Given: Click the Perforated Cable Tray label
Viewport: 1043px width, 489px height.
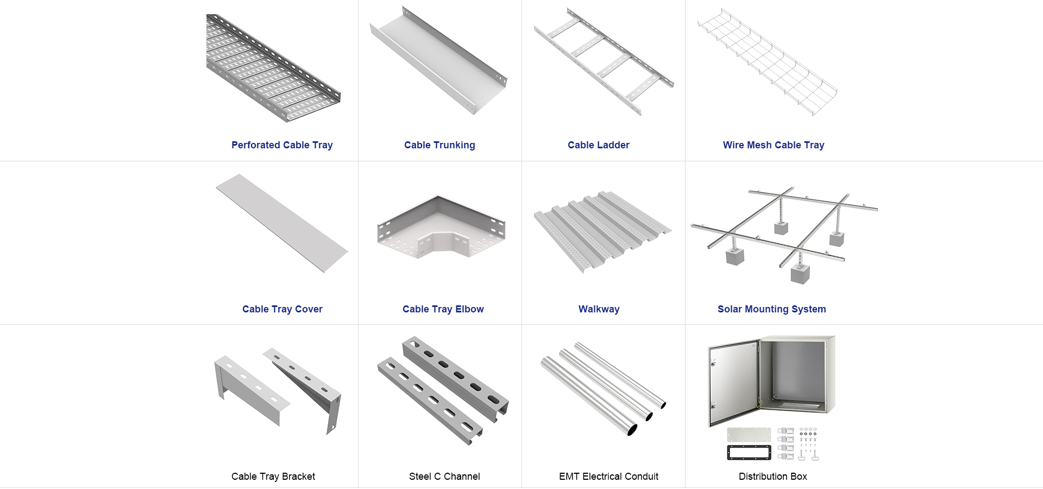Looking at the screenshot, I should click(x=282, y=145).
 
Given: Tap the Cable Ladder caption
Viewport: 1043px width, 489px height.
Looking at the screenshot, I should click(x=598, y=145).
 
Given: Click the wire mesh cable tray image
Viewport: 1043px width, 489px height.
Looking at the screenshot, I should click(x=767, y=61).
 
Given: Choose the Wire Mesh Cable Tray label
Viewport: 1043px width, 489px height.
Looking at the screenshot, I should click(x=773, y=145).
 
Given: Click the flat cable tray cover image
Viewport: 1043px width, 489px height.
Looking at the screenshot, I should click(x=282, y=223).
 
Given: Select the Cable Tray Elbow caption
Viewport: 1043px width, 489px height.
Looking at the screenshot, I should click(x=443, y=309).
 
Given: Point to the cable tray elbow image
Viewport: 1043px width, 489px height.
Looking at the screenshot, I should click(x=441, y=228).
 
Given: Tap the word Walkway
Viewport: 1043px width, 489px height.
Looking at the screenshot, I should click(x=599, y=309).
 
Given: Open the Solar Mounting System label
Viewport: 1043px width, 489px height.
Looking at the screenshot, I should click(x=771, y=309).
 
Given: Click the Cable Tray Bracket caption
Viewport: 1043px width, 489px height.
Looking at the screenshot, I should click(x=273, y=477).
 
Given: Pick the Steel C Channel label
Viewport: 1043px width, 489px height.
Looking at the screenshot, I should click(x=444, y=477).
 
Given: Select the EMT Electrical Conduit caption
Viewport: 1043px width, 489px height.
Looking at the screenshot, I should click(x=608, y=477).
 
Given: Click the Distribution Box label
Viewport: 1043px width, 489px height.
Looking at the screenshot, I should click(x=772, y=477).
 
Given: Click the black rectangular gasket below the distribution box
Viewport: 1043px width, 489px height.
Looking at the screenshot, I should click(x=749, y=453).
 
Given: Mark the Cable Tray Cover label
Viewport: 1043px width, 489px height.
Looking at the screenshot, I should click(x=282, y=309).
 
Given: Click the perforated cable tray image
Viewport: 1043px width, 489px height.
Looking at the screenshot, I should click(x=272, y=68).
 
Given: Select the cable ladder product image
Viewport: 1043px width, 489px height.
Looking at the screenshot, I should click(x=603, y=61).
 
